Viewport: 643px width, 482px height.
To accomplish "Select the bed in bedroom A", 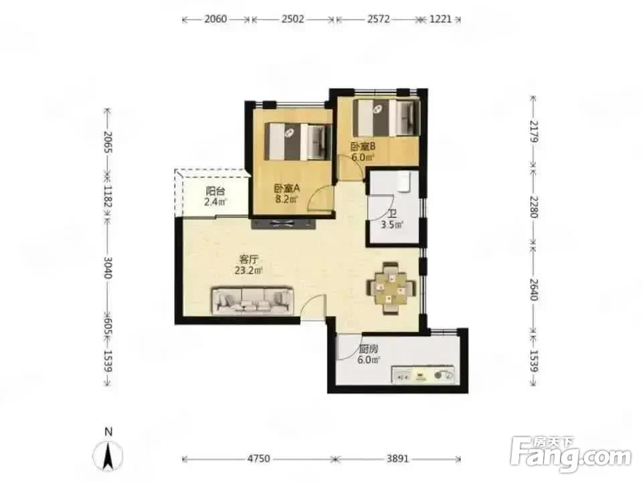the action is point(298,142).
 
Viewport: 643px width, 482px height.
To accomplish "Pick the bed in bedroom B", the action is point(386,118).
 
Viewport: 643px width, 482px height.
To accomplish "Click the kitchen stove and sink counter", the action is point(423,375).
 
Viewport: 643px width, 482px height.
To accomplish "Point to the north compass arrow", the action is point(109,456).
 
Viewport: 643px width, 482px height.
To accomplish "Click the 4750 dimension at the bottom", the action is point(259,458).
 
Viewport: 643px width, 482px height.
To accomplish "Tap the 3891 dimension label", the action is point(398,458).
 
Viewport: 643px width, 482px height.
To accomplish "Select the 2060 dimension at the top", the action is point(216,19).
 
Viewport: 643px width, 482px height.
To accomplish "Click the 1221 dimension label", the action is point(441,19).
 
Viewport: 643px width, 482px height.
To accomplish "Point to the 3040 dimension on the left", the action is point(108,268).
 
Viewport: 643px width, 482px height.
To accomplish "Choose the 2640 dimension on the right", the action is point(534,289).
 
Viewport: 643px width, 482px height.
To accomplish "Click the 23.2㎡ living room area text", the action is point(248,270).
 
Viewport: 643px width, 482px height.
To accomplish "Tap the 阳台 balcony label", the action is point(215,191).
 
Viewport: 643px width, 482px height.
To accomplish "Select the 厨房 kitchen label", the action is point(368,349).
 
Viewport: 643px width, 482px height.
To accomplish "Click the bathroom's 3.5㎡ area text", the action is point(392,225).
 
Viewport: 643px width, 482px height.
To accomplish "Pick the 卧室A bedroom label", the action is point(287,189).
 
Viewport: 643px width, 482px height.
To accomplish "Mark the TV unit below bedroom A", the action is point(283,224).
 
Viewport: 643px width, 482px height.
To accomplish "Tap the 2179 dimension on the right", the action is point(534,131).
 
